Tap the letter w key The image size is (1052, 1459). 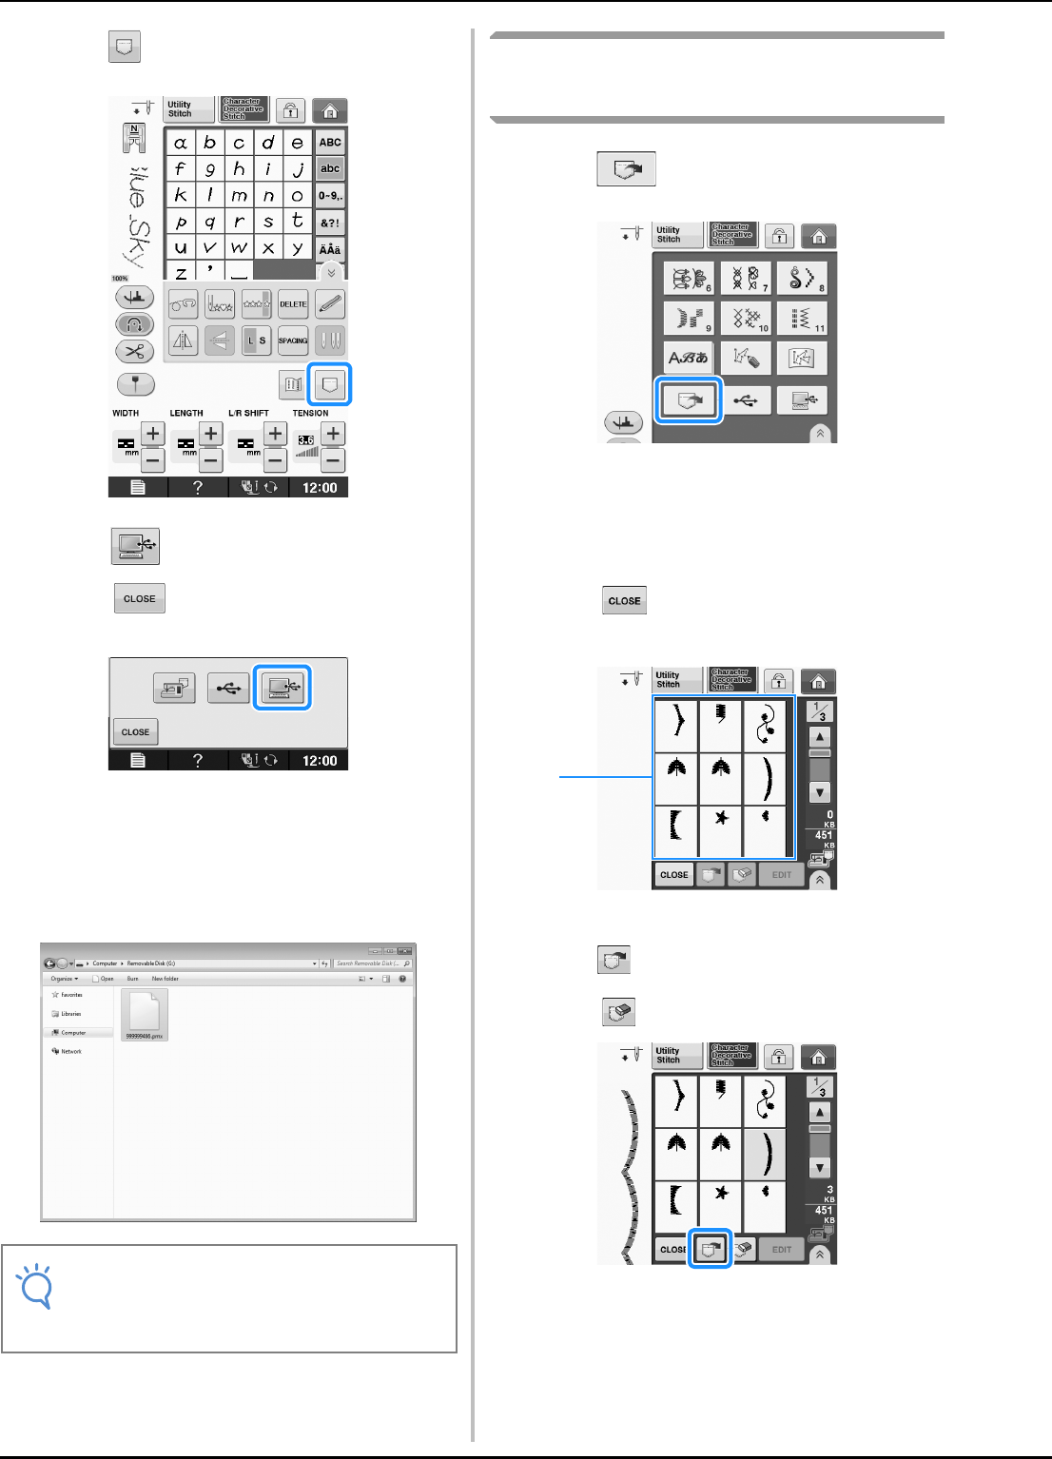[239, 247]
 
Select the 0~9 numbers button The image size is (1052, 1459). [330, 196]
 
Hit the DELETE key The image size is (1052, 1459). [293, 304]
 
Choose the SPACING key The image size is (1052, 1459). [293, 340]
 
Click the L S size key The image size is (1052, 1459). [257, 340]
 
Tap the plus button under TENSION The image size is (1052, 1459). [333, 434]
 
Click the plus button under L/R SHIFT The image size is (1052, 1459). [275, 434]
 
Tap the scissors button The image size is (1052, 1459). [134, 351]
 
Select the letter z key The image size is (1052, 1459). [181, 272]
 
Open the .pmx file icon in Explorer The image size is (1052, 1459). [145, 1014]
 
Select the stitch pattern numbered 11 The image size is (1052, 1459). [802, 318]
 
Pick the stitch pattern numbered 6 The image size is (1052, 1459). [689, 278]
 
